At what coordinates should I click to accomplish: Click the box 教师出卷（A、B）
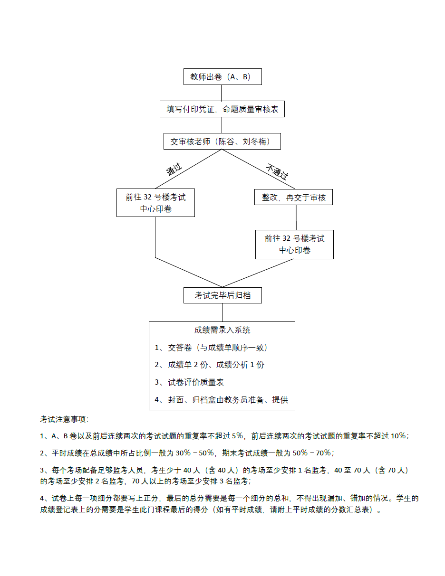coord(222,77)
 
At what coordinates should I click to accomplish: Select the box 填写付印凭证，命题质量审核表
coord(222,109)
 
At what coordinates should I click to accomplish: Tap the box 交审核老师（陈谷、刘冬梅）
coord(222,141)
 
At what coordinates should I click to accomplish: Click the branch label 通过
coord(174,170)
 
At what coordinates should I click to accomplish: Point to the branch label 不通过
coord(277,171)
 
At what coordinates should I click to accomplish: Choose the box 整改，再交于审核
coord(294,197)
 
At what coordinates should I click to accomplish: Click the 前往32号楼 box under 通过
coord(155,203)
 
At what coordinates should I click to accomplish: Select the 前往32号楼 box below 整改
coord(294,245)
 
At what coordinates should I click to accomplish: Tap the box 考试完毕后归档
coord(222,295)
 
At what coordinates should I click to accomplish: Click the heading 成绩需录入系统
coord(222,330)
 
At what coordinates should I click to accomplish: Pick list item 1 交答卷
coord(211,348)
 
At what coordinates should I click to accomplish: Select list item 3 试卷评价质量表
coord(189,382)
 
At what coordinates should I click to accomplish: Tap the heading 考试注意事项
coord(64,419)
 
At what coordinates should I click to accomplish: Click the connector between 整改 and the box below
coord(296,217)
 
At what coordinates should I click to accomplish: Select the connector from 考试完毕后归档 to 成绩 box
coord(222,312)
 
